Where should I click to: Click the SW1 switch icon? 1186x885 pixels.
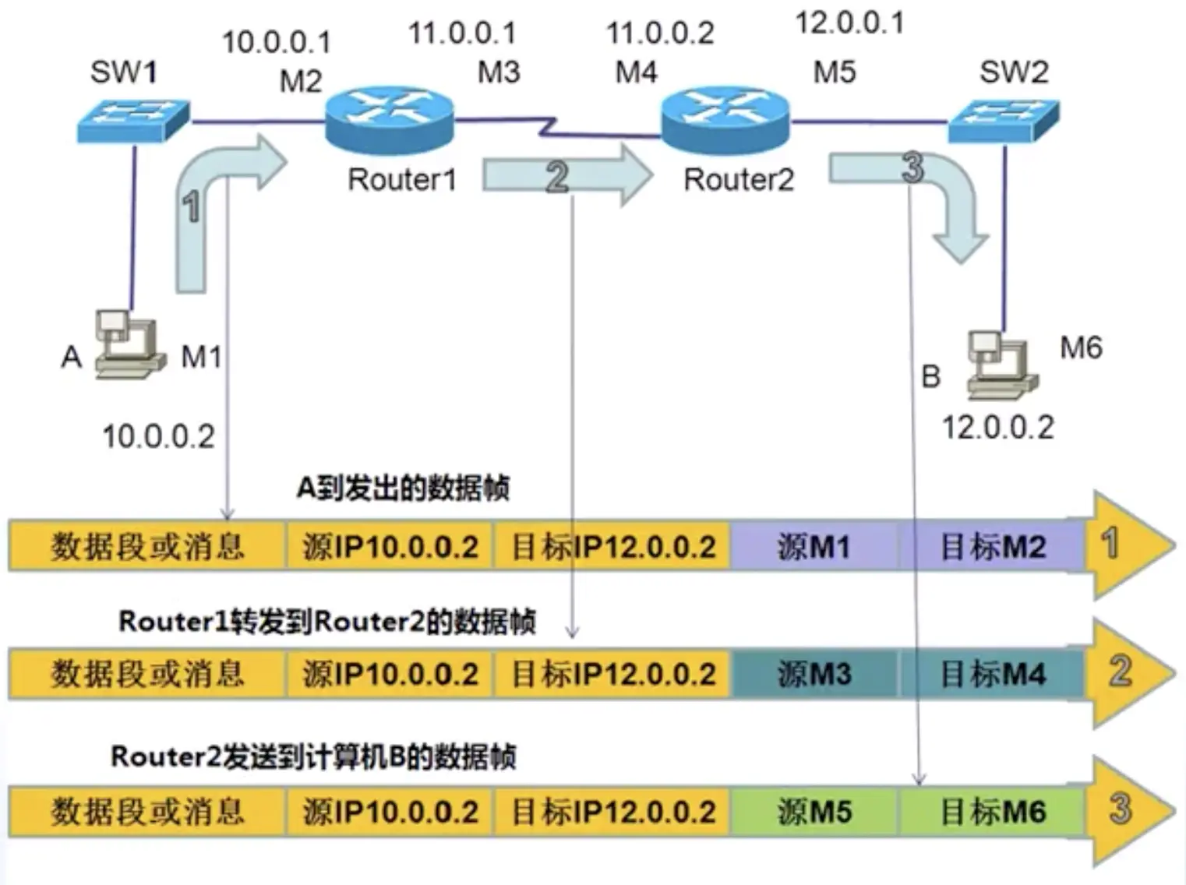(x=133, y=121)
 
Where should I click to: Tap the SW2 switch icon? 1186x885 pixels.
(x=1004, y=121)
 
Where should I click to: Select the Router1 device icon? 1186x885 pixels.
(x=389, y=120)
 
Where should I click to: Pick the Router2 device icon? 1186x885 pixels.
(x=725, y=120)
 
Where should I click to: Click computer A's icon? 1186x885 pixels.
(x=129, y=344)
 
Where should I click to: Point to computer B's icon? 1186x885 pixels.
(x=1001, y=365)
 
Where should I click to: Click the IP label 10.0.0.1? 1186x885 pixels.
(x=277, y=42)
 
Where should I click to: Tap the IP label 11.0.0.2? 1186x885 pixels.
(x=660, y=33)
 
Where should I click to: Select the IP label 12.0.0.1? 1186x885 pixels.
(x=850, y=23)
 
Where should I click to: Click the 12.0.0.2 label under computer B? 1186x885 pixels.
(x=998, y=428)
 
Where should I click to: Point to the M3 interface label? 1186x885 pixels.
(x=499, y=72)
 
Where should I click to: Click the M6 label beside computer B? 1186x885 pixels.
(x=1081, y=347)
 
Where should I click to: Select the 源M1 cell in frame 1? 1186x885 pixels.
(x=814, y=545)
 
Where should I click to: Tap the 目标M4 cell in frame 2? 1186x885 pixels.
(x=992, y=674)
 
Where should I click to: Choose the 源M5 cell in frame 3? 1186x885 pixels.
(x=814, y=812)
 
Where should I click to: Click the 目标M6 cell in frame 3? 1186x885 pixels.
(x=992, y=812)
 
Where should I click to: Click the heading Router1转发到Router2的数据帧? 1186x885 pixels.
(x=327, y=621)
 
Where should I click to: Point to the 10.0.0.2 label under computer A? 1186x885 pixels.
(x=159, y=436)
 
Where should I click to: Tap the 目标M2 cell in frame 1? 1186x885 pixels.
(x=992, y=545)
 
